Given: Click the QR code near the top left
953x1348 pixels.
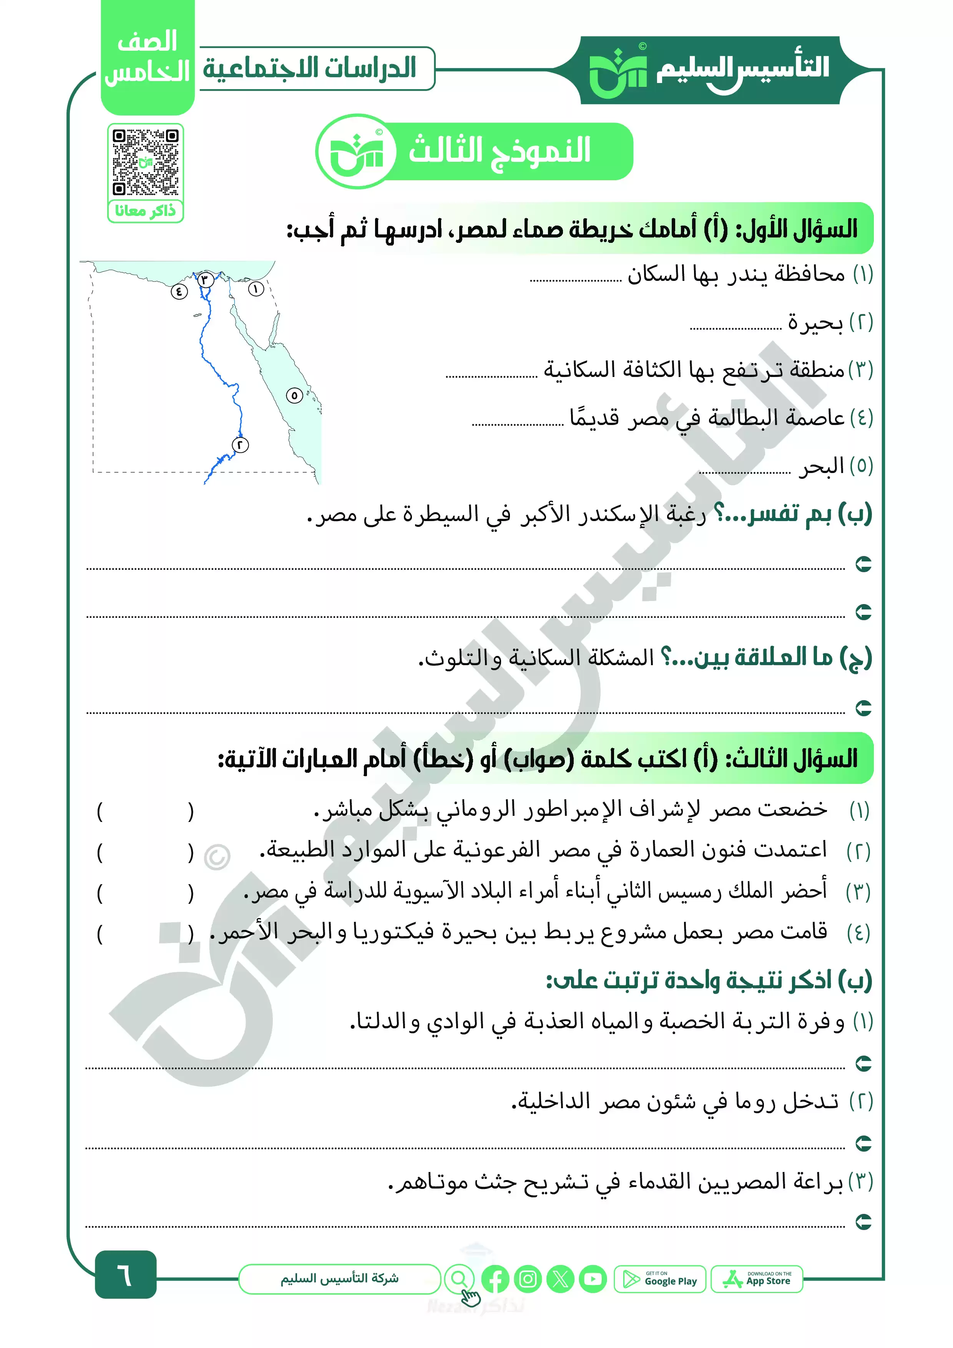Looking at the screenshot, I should pos(146,162).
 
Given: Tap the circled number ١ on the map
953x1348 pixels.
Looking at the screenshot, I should pos(256,289).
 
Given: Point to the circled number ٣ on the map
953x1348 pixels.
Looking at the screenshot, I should pos(205,279).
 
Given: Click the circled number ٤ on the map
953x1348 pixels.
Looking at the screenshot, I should pos(179,291).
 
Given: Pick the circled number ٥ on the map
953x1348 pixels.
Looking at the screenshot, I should pos(294,396).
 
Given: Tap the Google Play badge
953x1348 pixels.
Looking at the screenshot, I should pos(660,1279).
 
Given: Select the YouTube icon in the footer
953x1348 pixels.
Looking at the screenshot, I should pos(593,1279).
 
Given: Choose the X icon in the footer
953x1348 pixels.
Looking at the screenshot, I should pos(560,1279).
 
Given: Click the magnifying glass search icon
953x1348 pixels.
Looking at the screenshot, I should pos(460,1279).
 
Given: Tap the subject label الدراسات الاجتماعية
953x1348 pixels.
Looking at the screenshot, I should pos(310,68).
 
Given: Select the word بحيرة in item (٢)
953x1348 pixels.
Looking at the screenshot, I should pos(815,323).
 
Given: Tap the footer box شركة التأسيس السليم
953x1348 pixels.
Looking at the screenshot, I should pos(339,1279).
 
